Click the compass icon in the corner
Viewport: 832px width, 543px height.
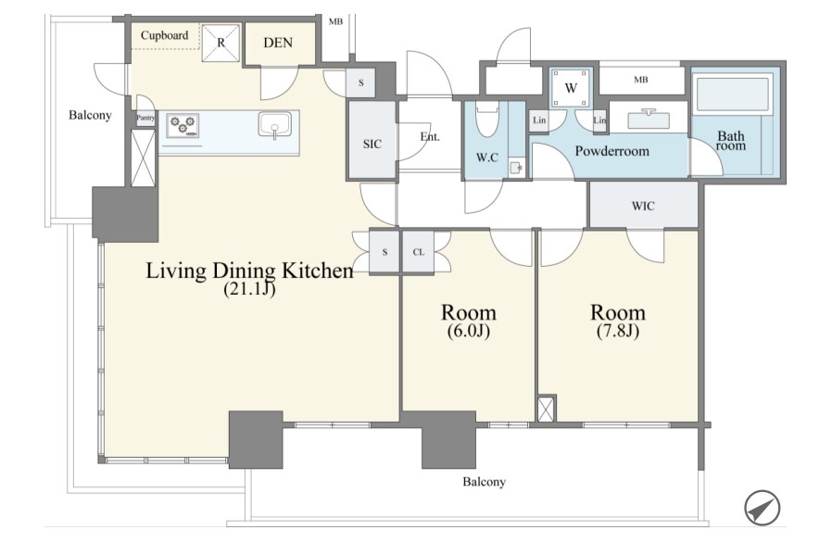[762, 508]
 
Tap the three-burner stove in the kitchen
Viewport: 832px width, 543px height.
[183, 126]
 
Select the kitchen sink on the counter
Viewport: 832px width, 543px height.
[275, 125]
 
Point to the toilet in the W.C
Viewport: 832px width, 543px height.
[486, 121]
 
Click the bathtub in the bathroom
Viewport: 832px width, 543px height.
[732, 95]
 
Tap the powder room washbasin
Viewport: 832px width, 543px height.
[648, 119]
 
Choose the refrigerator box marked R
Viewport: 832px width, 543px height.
[221, 43]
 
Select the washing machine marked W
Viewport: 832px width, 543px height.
[571, 88]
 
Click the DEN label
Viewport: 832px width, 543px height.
[278, 43]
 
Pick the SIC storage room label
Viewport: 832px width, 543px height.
[372, 144]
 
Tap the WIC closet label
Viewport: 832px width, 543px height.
[643, 206]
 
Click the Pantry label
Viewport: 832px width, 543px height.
[145, 118]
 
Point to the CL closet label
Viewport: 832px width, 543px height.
[419, 252]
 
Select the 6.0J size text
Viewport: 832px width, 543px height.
[468, 331]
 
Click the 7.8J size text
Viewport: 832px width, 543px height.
[618, 331]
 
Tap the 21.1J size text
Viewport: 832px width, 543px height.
[249, 289]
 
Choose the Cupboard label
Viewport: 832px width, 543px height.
[165, 35]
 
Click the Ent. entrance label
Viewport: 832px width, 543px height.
[430, 137]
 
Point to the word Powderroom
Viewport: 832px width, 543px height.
[611, 151]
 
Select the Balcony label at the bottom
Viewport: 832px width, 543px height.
[484, 482]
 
